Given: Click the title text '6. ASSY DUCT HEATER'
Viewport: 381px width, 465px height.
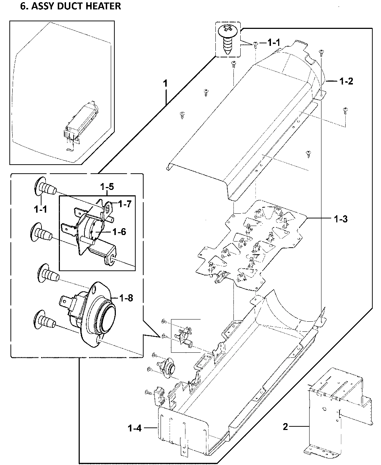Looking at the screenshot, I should pyautogui.click(x=70, y=6).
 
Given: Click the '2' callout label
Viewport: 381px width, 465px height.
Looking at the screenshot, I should pyautogui.click(x=285, y=427).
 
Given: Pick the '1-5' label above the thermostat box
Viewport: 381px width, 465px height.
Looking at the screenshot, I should pyautogui.click(x=107, y=187).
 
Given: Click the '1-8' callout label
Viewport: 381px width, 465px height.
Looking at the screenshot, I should pyautogui.click(x=126, y=298).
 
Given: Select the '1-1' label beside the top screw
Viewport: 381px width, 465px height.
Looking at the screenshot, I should pyautogui.click(x=273, y=43).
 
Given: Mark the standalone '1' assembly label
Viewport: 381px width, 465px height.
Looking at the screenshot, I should pyautogui.click(x=165, y=83).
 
